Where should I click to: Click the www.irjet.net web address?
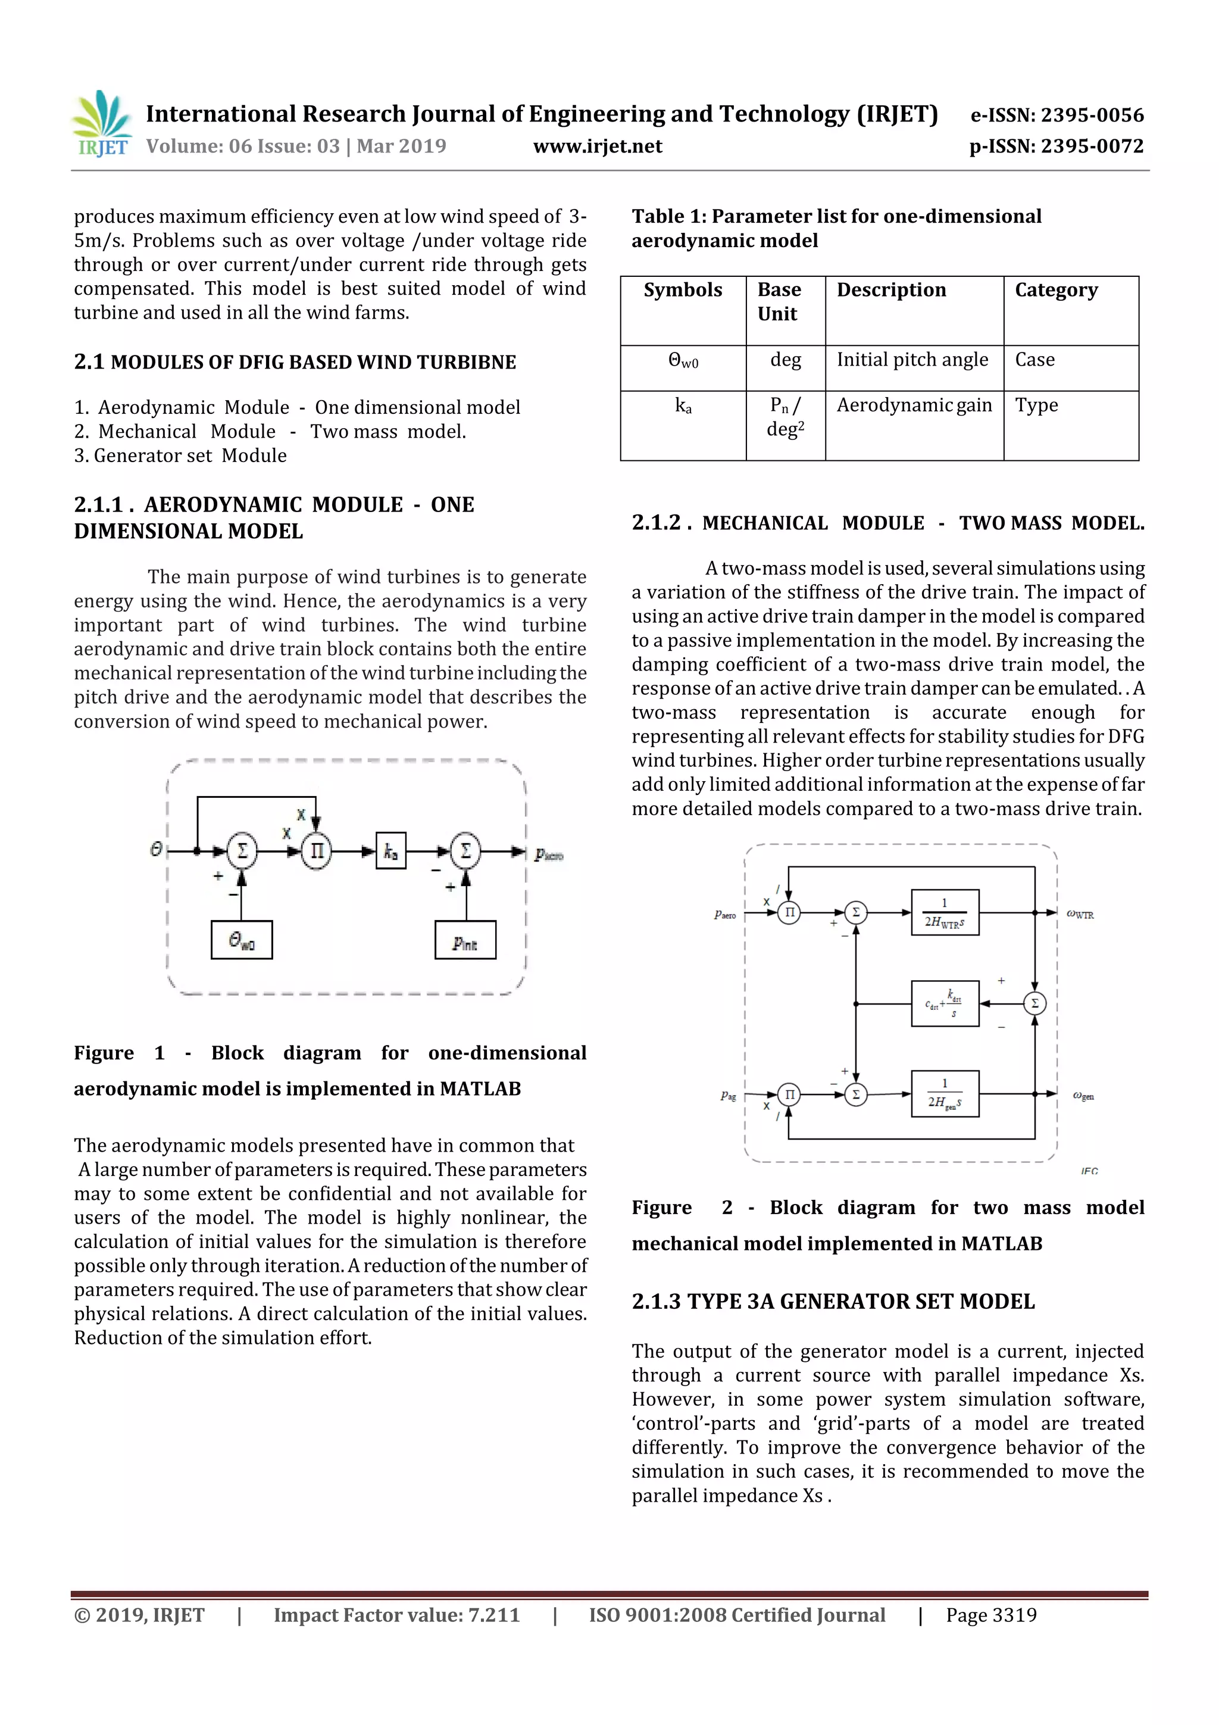597,146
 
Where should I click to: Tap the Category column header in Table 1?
1056,290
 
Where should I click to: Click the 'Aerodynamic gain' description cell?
914,405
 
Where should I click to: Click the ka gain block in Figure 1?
390,851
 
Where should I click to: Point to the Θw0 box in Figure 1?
241,940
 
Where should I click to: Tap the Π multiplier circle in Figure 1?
316,851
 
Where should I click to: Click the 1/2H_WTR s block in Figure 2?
945,913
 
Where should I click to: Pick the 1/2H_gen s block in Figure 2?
945,1094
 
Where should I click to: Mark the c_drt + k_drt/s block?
945,1004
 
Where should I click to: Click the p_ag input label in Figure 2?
728,1096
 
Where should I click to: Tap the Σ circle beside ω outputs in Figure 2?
1034,1004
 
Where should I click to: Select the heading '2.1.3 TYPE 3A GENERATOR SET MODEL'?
833,1301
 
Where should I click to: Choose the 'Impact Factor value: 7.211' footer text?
396,1615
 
